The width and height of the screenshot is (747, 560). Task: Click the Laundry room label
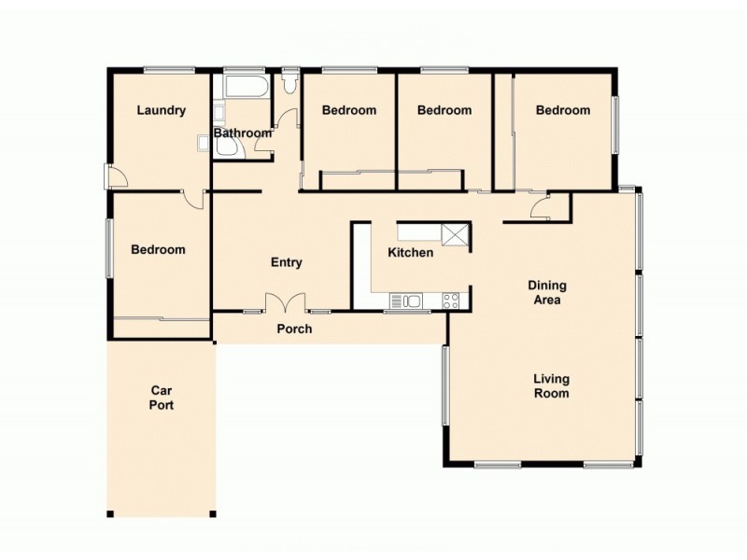[161, 110]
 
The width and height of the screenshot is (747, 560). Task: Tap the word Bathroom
[242, 133]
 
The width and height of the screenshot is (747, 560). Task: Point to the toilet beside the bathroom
[289, 84]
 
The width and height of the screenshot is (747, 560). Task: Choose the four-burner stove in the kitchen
[450, 301]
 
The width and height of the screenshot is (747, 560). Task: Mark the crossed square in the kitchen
[455, 234]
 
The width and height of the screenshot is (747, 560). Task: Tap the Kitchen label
[411, 253]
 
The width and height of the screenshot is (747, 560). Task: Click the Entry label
[286, 263]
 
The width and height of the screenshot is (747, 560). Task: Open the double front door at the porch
[286, 303]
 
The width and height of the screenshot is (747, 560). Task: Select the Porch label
[294, 329]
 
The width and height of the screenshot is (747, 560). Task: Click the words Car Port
[162, 399]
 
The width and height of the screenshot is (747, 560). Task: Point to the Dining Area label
[547, 293]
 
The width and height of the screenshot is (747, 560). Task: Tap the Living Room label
[551, 386]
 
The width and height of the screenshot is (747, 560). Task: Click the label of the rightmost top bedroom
[562, 110]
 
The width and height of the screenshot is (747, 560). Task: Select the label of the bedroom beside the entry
[158, 250]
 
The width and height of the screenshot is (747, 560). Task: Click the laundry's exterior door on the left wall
[112, 176]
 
